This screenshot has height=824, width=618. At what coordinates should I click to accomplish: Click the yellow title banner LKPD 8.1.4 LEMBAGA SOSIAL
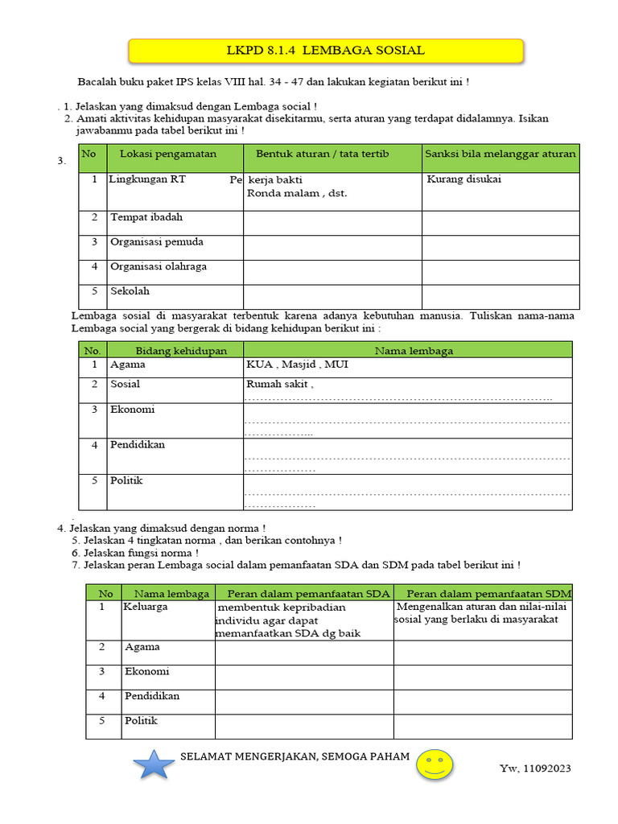point(326,51)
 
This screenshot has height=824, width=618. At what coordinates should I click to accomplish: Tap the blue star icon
point(154,763)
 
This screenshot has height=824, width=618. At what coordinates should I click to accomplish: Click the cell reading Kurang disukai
point(463,179)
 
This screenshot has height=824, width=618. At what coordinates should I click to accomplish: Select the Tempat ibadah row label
point(146,217)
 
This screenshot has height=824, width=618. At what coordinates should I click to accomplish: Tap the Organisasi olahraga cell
point(159,266)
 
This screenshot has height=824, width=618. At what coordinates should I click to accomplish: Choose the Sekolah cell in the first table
point(130,291)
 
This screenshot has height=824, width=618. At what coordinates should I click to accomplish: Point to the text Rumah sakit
point(278,385)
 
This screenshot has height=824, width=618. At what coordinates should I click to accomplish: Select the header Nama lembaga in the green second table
point(414,351)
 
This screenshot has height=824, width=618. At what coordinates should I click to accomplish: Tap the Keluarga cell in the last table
point(145,607)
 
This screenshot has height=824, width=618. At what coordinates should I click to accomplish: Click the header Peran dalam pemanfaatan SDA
point(303,594)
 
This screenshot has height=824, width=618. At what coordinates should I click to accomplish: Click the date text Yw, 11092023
point(535,768)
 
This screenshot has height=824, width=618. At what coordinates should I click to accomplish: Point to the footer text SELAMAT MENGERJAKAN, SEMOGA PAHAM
point(295,756)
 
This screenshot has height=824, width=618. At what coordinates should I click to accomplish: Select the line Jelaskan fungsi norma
point(141,554)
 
